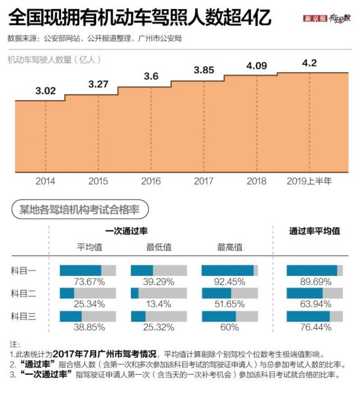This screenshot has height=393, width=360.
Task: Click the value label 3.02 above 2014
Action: [x=45, y=91]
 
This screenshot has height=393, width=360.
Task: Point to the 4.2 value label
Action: [x=310, y=63]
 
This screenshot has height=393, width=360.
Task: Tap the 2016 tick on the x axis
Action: [x=151, y=180]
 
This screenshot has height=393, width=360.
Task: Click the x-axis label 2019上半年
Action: [x=310, y=180]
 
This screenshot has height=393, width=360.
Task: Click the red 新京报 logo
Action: [x=315, y=19]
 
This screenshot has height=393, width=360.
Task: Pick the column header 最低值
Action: [x=158, y=247]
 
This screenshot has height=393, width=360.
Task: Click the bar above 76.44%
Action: [x=315, y=316]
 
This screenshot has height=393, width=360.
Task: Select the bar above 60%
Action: [x=230, y=316]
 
